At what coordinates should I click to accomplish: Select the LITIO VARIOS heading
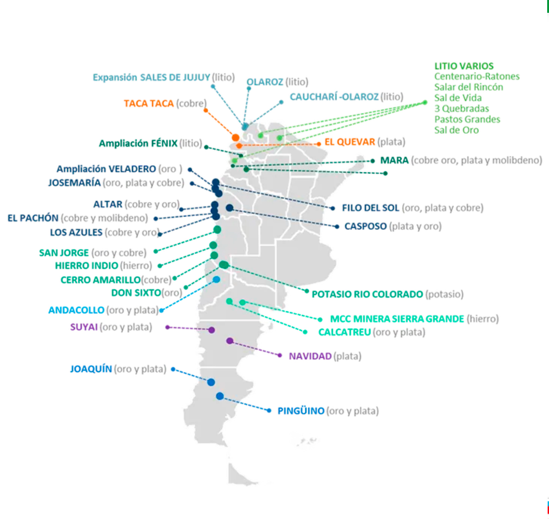pos(464,66)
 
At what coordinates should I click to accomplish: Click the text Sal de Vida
pos(458,98)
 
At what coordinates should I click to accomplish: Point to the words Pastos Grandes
pos(467,119)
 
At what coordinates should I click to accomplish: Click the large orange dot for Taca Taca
pos(236,137)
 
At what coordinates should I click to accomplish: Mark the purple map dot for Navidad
pos(230,341)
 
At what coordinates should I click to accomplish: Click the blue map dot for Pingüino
pos(220,396)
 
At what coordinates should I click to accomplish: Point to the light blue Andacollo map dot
pos(216,279)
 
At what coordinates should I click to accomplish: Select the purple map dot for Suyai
pos(211,330)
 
